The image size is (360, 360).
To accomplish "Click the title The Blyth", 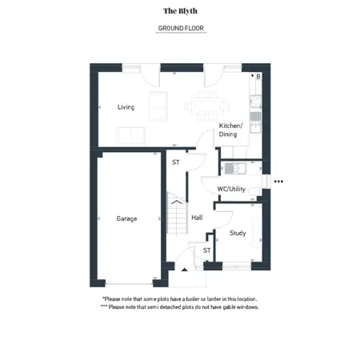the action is [180, 11].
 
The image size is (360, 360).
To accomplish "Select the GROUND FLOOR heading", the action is [181, 28].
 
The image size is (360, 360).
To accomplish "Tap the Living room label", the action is [126, 107].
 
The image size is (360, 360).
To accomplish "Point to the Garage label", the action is [126, 218].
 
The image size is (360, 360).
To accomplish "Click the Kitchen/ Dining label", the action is [230, 130].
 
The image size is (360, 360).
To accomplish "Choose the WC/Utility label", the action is [231, 189].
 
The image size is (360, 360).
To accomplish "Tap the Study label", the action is [238, 233].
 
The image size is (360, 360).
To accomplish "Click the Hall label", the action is [197, 218].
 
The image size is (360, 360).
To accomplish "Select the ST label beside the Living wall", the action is [176, 162].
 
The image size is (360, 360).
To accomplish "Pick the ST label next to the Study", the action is [206, 250].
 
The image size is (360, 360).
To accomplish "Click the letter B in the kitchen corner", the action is [258, 77].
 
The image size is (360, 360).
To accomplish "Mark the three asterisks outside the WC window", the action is [278, 182].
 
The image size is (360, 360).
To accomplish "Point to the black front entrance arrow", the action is [185, 270].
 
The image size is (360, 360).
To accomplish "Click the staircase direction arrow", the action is [177, 202].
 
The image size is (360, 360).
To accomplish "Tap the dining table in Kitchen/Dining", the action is [207, 106].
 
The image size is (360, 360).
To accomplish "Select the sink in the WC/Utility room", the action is [235, 169].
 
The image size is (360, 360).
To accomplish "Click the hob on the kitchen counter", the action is [255, 102].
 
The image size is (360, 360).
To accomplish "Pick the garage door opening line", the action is [129, 284].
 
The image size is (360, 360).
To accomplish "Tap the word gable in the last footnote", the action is [229, 307].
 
